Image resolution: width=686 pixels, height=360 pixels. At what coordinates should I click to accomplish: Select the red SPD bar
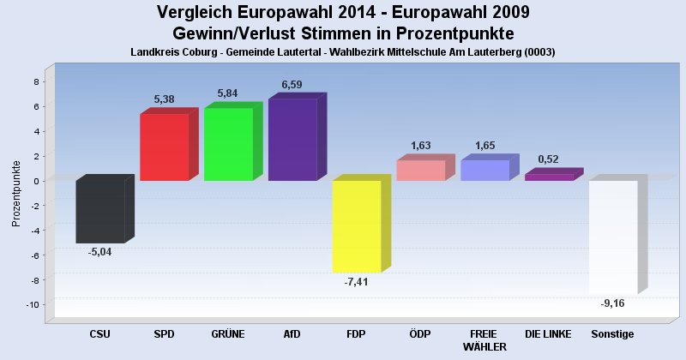point(164,147)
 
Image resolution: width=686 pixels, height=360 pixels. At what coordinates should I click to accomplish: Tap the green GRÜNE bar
point(228,144)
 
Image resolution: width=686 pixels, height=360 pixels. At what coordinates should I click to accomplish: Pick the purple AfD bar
point(292,140)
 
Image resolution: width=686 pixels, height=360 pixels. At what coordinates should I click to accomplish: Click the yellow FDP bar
point(356,226)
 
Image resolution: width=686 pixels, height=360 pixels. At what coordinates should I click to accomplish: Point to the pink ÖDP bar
point(420,171)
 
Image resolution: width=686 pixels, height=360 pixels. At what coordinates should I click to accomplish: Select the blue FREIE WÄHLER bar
point(484,170)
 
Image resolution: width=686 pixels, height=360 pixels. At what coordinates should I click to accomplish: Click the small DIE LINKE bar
point(549,177)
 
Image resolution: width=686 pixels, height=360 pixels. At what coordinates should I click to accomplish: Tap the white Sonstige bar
point(613,237)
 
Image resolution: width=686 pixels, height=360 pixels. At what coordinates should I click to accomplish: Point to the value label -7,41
point(356,283)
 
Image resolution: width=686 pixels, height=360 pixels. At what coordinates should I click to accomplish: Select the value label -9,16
point(612,303)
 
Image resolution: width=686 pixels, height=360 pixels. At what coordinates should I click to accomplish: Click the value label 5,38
point(165,99)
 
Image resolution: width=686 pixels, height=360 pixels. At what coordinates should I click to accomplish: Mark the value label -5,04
point(99,253)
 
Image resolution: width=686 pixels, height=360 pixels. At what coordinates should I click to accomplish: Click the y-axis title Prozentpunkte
point(16,193)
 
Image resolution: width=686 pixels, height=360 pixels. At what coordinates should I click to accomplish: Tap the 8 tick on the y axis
point(36,82)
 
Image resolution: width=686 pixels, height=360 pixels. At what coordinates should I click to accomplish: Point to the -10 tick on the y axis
point(32,305)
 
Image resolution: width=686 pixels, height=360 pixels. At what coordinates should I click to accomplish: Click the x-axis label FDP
point(356,334)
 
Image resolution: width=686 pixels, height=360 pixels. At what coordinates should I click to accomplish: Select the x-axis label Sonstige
point(612,334)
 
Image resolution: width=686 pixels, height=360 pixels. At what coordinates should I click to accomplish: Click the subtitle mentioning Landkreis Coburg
point(343,51)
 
